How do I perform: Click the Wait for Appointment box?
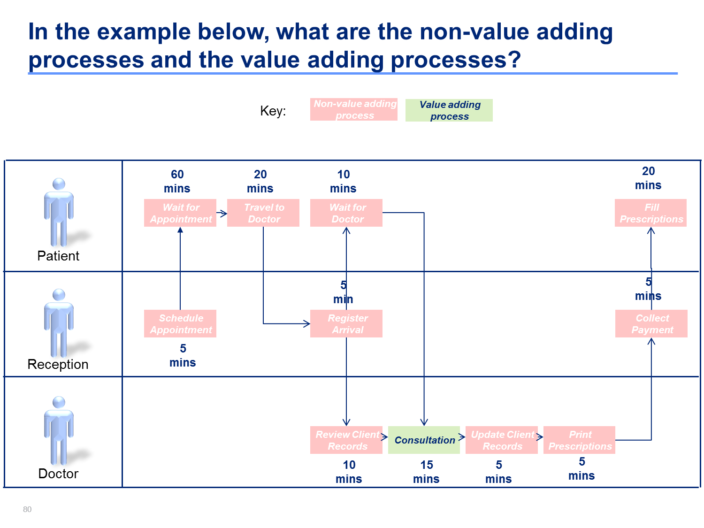(x=180, y=213)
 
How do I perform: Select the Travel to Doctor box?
(x=263, y=213)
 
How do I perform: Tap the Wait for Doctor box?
(x=346, y=213)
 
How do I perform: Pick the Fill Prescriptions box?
(x=650, y=213)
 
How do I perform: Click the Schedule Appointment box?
(x=180, y=323)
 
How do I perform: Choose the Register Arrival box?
(x=346, y=323)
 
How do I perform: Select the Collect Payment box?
(x=651, y=323)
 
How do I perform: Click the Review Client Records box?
(x=346, y=440)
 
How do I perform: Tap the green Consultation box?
(x=424, y=440)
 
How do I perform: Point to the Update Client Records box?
(x=501, y=440)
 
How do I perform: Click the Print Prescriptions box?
(x=579, y=440)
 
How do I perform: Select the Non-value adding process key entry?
(x=353, y=109)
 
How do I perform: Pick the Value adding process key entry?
(x=449, y=110)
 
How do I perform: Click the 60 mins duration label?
(x=177, y=181)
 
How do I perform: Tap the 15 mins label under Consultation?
(x=426, y=472)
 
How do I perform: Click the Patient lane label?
(x=58, y=256)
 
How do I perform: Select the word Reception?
(x=58, y=365)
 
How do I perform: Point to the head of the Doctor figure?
(x=59, y=402)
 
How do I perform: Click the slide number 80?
(x=27, y=509)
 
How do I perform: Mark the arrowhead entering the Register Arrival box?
(x=307, y=323)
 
